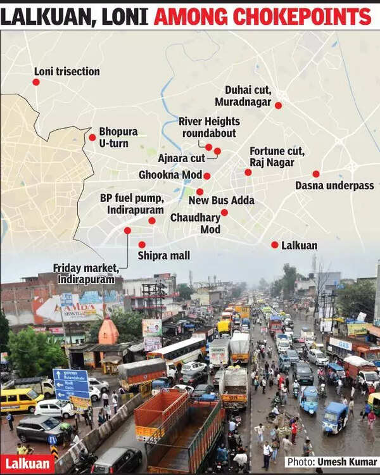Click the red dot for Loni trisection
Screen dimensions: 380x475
click(36, 82)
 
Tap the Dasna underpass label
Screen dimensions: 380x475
click(326, 186)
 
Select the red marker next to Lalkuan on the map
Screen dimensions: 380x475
click(274, 244)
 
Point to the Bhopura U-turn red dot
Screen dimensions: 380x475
click(92, 137)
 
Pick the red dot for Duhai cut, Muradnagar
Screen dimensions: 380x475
click(278, 105)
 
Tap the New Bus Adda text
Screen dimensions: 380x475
click(221, 200)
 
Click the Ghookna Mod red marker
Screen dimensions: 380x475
click(206, 175)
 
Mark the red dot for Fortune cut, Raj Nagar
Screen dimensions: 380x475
click(248, 172)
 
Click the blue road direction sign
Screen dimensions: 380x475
click(70, 384)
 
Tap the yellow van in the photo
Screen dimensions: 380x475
click(20, 400)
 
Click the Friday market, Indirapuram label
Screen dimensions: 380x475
click(84, 273)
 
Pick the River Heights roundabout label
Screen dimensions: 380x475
click(209, 127)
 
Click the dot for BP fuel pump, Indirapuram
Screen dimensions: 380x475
click(152, 220)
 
